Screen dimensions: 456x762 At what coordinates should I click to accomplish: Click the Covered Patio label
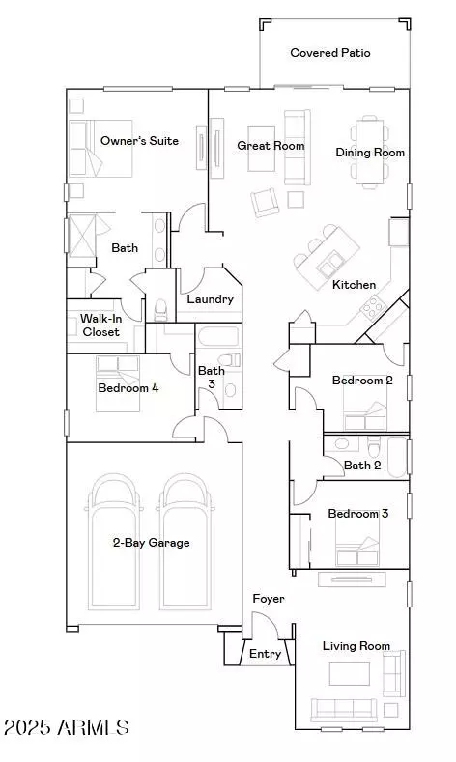click(x=330, y=53)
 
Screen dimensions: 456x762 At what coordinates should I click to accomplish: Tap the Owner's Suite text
click(x=139, y=141)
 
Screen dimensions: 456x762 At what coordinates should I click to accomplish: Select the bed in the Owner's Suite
click(x=100, y=148)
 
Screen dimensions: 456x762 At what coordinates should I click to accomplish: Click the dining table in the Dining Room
click(x=369, y=153)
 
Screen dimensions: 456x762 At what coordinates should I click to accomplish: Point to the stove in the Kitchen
click(x=372, y=307)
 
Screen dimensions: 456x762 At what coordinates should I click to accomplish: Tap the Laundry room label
click(x=210, y=299)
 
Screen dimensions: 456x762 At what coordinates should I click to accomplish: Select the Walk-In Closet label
click(x=100, y=325)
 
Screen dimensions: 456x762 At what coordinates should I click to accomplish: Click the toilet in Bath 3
click(x=230, y=360)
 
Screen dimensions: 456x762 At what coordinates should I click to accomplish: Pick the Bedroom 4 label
click(x=128, y=388)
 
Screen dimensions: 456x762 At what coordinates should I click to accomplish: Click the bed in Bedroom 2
click(x=364, y=409)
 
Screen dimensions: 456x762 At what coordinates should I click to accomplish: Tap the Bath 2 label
click(x=362, y=466)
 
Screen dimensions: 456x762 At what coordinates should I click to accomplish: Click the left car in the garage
click(x=116, y=542)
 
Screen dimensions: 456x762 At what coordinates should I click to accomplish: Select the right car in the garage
click(x=185, y=542)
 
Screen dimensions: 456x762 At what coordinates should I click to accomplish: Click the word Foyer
click(x=269, y=599)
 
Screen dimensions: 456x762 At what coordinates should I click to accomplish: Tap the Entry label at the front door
click(x=265, y=654)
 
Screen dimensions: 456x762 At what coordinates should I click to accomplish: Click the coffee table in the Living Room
click(x=350, y=673)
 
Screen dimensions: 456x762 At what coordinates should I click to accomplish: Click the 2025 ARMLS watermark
click(x=66, y=727)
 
